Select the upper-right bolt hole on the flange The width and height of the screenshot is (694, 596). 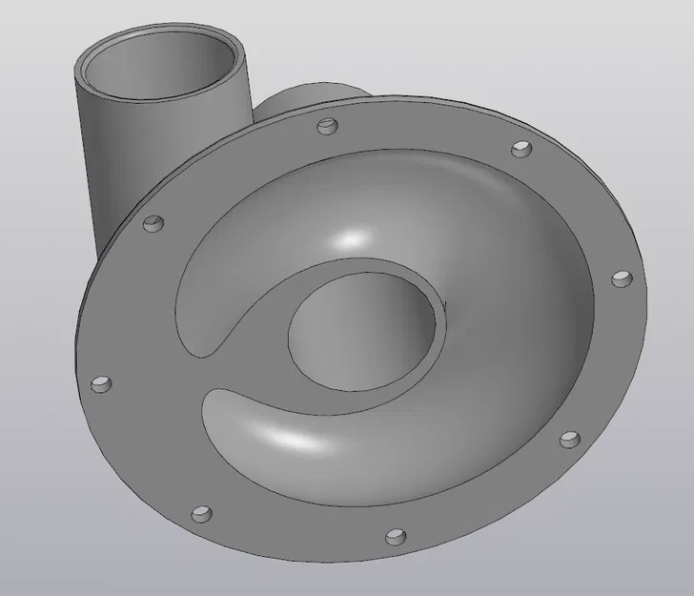click(521, 150)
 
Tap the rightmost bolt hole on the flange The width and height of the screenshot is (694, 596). click(621, 279)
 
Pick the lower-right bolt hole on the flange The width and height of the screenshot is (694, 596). click(568, 440)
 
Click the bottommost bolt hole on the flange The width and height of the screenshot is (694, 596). click(394, 536)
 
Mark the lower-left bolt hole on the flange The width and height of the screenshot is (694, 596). click(201, 514)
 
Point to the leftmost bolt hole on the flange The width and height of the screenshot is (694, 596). click(100, 384)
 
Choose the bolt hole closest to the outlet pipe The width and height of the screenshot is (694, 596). click(153, 224)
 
